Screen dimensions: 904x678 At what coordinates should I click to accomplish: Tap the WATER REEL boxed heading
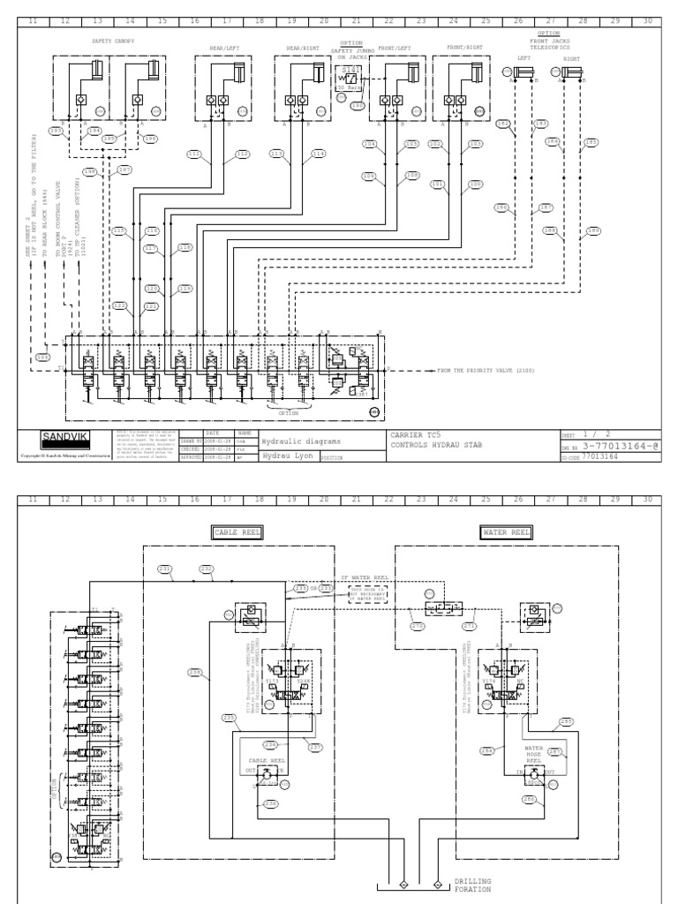point(505,532)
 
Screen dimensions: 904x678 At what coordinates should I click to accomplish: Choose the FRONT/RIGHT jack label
point(464,49)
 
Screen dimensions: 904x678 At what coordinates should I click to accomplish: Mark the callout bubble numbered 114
point(318,154)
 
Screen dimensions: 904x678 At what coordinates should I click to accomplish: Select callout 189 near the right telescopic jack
point(593,231)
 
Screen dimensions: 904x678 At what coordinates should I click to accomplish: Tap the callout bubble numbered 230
point(195,672)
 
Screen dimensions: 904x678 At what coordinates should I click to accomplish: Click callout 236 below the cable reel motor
point(270,802)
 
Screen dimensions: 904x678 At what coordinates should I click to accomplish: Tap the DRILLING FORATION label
point(472,885)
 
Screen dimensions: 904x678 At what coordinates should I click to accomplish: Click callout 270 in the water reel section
point(418,625)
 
